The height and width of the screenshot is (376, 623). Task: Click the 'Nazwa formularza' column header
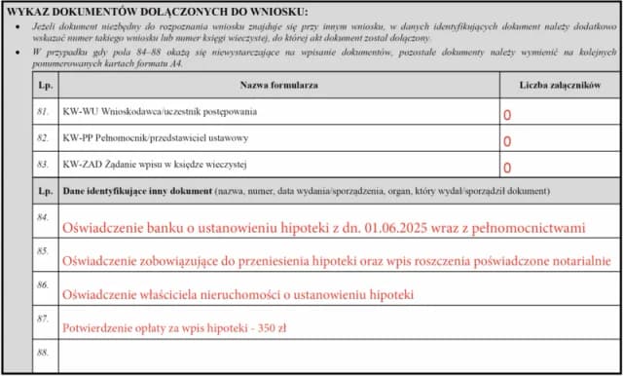279,86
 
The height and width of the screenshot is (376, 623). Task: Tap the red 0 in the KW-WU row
507,115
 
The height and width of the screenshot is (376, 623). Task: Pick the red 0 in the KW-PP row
507,141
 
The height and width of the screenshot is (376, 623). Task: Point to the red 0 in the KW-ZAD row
507,168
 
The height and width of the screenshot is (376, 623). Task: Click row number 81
43,113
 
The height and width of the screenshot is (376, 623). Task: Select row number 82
43,139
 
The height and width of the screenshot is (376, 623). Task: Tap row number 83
43,165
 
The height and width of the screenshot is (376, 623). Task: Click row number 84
43,217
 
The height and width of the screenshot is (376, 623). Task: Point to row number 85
43,250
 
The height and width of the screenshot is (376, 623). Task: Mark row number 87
43,318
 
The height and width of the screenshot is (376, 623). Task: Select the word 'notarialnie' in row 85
576,261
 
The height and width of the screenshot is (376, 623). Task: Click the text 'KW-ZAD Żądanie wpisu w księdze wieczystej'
156,165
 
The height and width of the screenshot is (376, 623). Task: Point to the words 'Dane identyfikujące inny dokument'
136,192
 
